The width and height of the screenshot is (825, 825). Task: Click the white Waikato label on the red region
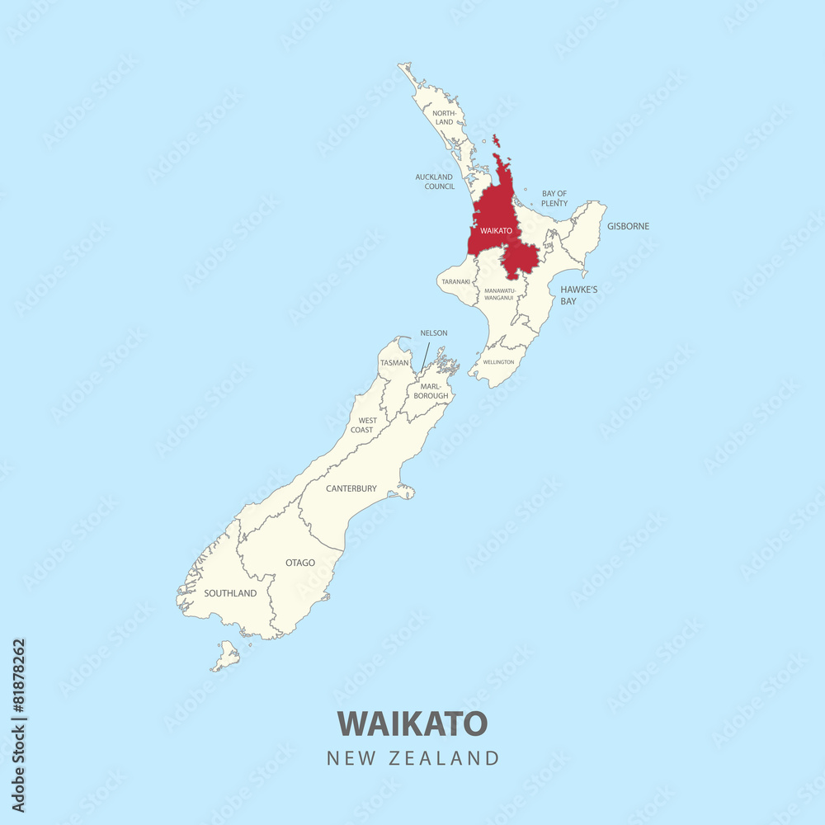(x=497, y=231)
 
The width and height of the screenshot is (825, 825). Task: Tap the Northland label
(x=444, y=118)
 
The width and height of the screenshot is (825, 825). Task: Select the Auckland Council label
(x=435, y=181)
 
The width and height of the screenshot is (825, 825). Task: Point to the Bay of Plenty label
(x=554, y=198)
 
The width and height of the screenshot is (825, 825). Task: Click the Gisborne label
(x=628, y=226)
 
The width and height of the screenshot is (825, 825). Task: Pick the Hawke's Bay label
(x=578, y=295)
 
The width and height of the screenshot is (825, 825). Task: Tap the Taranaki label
(x=455, y=281)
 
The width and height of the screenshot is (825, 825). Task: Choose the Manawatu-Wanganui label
(x=499, y=294)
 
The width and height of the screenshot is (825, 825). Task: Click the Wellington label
(x=498, y=362)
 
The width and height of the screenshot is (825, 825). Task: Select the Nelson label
(x=434, y=333)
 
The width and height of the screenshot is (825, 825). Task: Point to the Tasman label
(x=394, y=363)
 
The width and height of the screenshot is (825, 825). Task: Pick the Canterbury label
(x=351, y=488)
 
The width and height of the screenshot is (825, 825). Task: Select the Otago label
(x=300, y=563)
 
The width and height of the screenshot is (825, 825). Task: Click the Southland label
(x=230, y=593)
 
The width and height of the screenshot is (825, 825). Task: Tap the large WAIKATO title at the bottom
(x=412, y=724)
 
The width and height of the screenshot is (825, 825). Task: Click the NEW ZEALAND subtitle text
(x=412, y=758)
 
